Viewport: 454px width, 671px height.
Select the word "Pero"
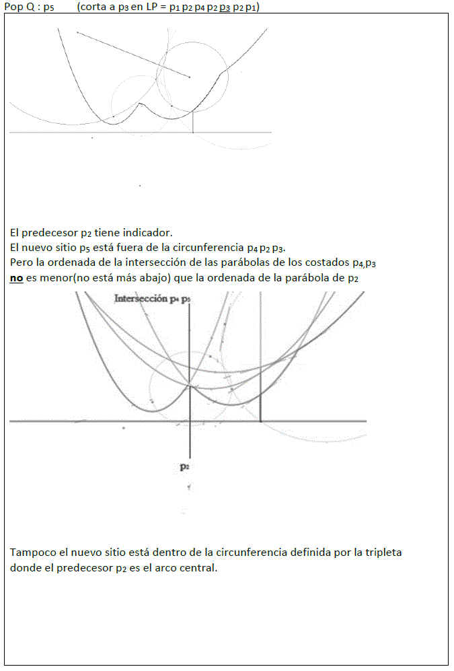pos(22,262)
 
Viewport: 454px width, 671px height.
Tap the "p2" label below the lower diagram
pos(184,466)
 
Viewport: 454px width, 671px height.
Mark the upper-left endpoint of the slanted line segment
pos(77,32)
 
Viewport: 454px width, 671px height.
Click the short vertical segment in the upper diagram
pos(193,122)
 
